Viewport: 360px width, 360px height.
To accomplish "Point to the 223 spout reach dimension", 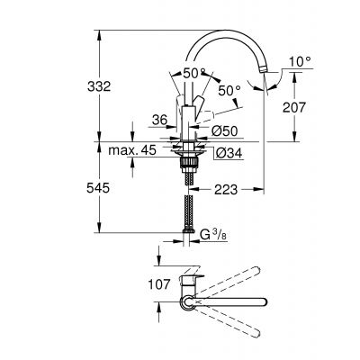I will pos(227,190).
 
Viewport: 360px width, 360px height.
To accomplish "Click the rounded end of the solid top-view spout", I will pos(264,301).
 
